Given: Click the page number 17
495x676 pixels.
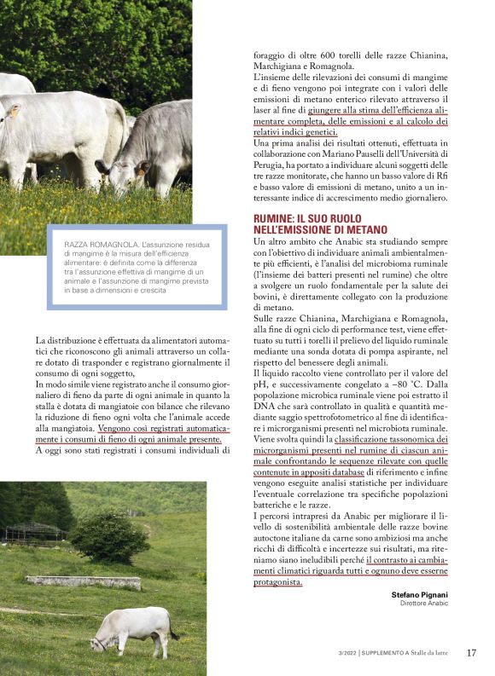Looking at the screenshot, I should tap(471, 653).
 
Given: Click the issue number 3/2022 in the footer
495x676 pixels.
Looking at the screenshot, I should tap(347, 654).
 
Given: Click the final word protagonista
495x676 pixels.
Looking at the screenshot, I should tap(277, 582).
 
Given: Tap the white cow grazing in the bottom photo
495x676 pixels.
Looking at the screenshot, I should tap(131, 629).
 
